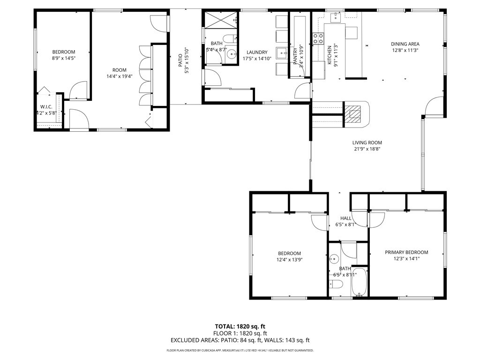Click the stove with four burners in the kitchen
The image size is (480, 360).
(x=319, y=38)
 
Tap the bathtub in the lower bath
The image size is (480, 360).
(x=360, y=282)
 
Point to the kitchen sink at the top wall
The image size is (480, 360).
(x=336, y=18)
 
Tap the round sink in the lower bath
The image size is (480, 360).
(x=334, y=259)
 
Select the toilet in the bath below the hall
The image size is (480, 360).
(x=336, y=285)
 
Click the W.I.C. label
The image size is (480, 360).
(x=46, y=106)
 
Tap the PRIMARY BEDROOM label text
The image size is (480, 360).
(x=406, y=252)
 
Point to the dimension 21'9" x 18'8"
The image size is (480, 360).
(x=367, y=149)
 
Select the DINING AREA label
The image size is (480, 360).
(x=405, y=44)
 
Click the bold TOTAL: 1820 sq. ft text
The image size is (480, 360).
(x=240, y=326)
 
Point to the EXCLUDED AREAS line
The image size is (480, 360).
(x=240, y=341)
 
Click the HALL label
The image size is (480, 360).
(x=346, y=218)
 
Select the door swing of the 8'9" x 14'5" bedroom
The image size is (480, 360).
(x=78, y=90)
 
